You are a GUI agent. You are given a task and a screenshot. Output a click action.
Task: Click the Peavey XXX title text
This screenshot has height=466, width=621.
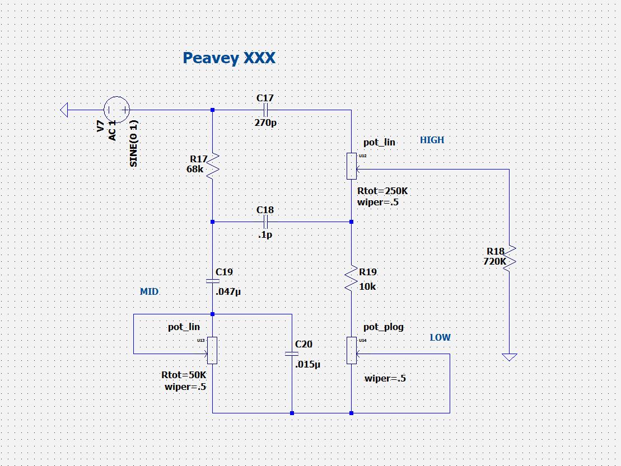[x=229, y=58]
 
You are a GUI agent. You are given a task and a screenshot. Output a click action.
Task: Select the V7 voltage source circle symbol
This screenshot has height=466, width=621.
[x=117, y=110]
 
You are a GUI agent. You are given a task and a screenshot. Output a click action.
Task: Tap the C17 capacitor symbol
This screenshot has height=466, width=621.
[x=265, y=110]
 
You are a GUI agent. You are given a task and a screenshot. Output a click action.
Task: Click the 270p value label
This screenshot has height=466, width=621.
[x=265, y=123]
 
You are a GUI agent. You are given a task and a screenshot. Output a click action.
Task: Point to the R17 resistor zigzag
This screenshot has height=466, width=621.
[x=213, y=166]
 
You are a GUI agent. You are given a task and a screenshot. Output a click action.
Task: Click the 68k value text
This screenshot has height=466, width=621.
[x=195, y=168]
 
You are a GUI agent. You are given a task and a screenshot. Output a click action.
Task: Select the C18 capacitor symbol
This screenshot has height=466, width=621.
[x=265, y=222]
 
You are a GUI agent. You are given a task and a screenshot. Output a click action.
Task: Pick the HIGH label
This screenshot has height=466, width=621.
[x=432, y=140]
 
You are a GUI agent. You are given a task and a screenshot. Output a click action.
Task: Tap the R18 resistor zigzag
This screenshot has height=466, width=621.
[x=510, y=258]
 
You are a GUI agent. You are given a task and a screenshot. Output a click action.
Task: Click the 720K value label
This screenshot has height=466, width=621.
[x=494, y=261]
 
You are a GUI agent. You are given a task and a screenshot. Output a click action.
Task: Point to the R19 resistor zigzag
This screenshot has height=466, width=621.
[x=351, y=278]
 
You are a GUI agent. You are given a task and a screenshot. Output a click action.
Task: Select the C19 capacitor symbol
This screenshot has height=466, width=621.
[x=213, y=281]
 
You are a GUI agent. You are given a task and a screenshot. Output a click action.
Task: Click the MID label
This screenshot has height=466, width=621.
[x=149, y=291]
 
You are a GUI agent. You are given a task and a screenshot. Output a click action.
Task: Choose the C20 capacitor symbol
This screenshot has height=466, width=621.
[x=292, y=354]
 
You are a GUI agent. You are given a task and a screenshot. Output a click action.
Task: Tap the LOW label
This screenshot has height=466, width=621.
[x=440, y=337]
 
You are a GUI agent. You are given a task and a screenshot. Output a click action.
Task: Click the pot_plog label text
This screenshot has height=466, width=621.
[x=384, y=327]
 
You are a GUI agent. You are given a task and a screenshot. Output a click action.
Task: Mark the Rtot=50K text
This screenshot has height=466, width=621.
[x=184, y=375]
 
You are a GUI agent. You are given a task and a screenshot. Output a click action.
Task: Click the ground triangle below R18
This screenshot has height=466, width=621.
[x=509, y=356]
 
